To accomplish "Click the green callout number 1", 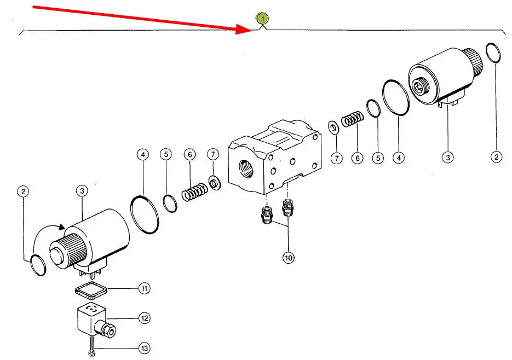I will tap(264, 19).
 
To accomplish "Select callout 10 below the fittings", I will tap(288, 257).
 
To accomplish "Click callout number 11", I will tap(143, 288).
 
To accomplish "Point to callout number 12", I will tap(143, 318).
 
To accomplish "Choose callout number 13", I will tap(143, 348).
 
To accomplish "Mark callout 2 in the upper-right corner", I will tap(496, 158).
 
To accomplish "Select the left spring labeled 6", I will tap(193, 192).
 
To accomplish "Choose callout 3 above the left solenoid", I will tap(82, 191).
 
